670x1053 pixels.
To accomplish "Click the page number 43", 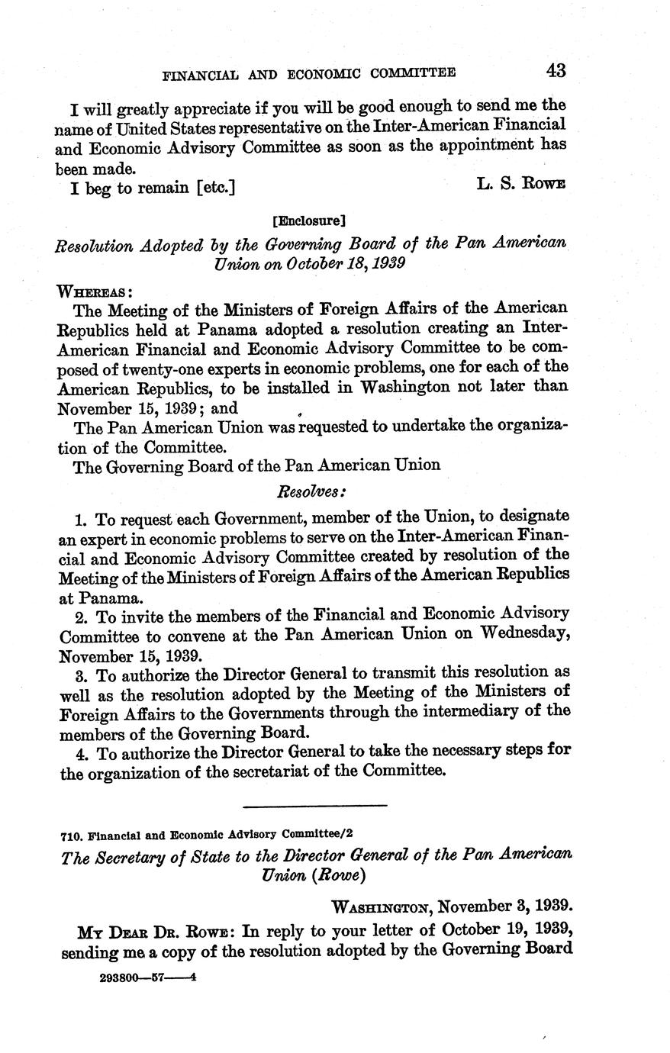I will [555, 71].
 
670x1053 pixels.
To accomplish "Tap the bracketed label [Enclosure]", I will [309, 221].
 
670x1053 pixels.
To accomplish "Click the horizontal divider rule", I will [314, 805].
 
